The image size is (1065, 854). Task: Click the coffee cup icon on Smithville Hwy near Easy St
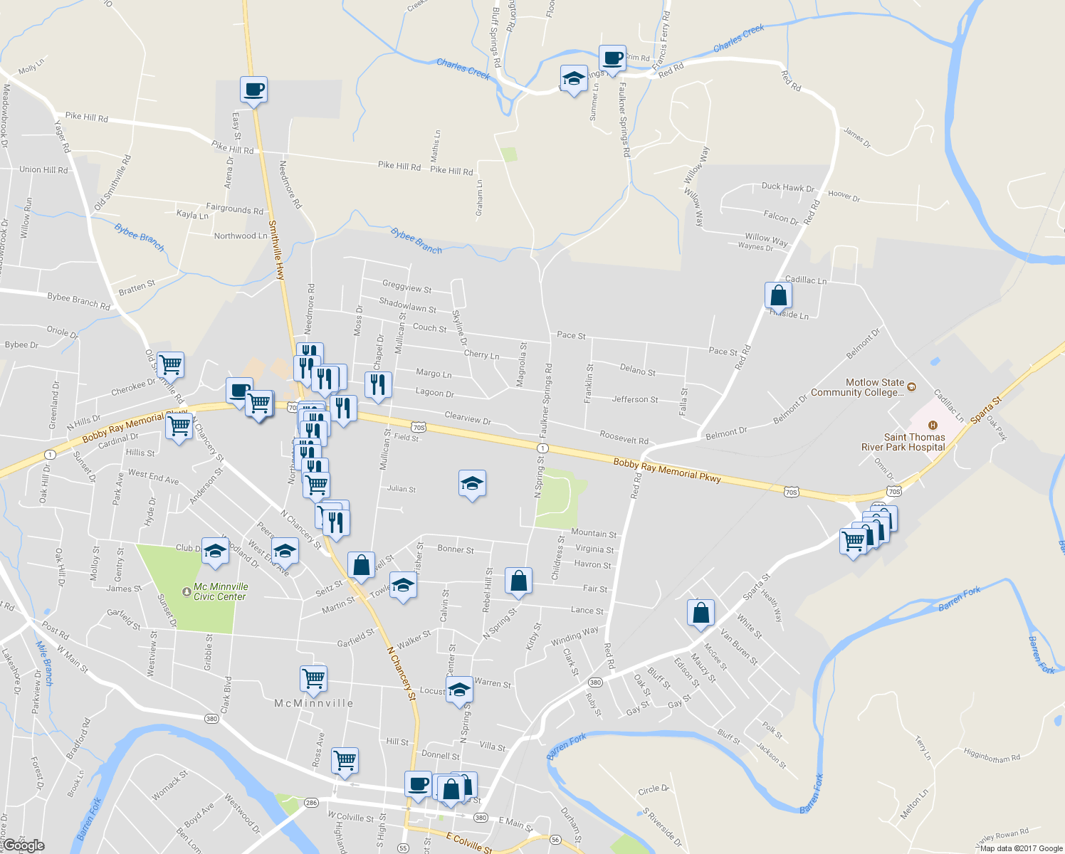pos(253,90)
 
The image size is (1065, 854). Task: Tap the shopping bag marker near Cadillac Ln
pos(778,295)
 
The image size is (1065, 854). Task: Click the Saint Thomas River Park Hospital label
pos(903,442)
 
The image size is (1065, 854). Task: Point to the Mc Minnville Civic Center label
pos(221,591)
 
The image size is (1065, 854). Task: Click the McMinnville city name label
pos(314,703)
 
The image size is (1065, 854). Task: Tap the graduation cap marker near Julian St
pos(472,484)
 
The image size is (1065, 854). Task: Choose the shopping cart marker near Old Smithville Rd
pos(170,365)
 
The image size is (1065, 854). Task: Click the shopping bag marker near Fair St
pos(519,581)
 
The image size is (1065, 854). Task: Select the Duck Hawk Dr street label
pos(787,187)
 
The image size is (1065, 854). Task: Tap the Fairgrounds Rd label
pos(234,209)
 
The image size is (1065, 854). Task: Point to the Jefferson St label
pos(635,399)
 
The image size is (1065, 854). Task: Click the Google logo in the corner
pos(23,845)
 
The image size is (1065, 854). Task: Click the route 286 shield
pos(311,803)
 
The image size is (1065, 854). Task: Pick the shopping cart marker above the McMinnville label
pos(313,678)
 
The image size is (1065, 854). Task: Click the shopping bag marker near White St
pos(701,613)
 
